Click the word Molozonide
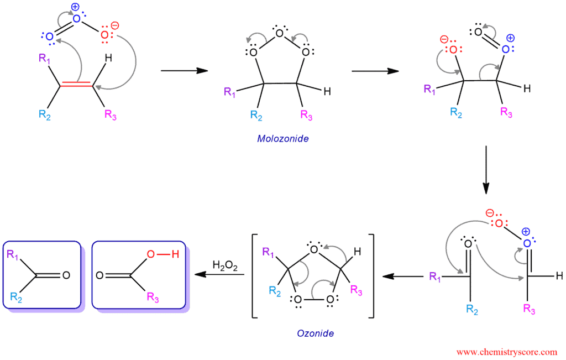tap(282, 139)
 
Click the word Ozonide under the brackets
tap(315, 333)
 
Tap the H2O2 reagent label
tap(225, 266)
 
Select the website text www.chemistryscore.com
tap(507, 352)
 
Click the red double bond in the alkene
tap(76, 84)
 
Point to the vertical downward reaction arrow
tap(486, 170)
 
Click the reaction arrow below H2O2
tap(219, 274)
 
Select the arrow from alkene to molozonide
tap(185, 70)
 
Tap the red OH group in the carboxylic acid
tap(163, 254)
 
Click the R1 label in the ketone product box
tap(12, 254)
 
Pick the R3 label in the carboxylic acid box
tap(153, 297)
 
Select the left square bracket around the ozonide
tap(254, 276)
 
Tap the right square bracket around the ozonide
tap(371, 276)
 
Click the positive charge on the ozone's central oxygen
tap(75, 7)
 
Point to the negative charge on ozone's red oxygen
tap(115, 25)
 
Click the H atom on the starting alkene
tap(108, 58)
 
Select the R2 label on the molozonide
tap(256, 116)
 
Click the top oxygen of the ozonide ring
tap(314, 249)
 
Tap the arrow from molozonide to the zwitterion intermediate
tap(375, 71)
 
